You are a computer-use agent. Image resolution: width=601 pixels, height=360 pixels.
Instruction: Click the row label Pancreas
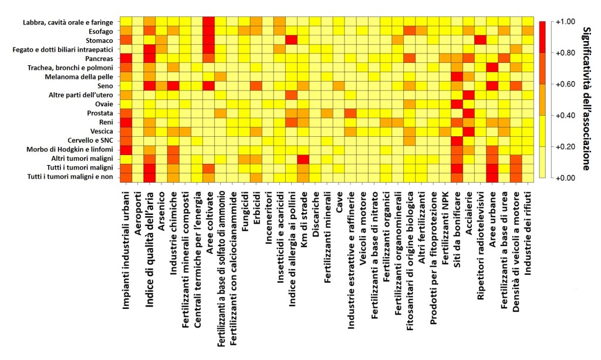click(99, 59)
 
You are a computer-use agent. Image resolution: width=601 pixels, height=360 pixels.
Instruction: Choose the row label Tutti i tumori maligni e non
click(70, 177)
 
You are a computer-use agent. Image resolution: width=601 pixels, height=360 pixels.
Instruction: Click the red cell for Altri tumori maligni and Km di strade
click(304, 159)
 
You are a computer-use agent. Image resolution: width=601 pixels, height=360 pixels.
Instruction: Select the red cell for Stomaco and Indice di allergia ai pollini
click(291, 40)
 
